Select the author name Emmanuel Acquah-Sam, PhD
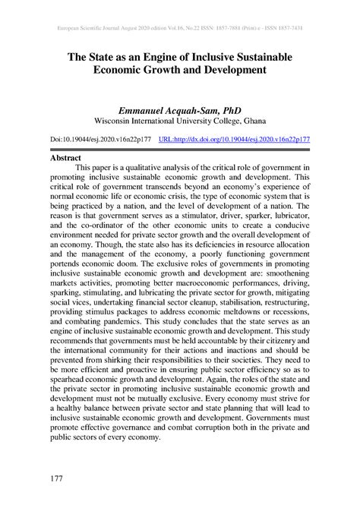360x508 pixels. click(x=179, y=109)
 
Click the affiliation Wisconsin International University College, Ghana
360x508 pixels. click(x=179, y=121)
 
